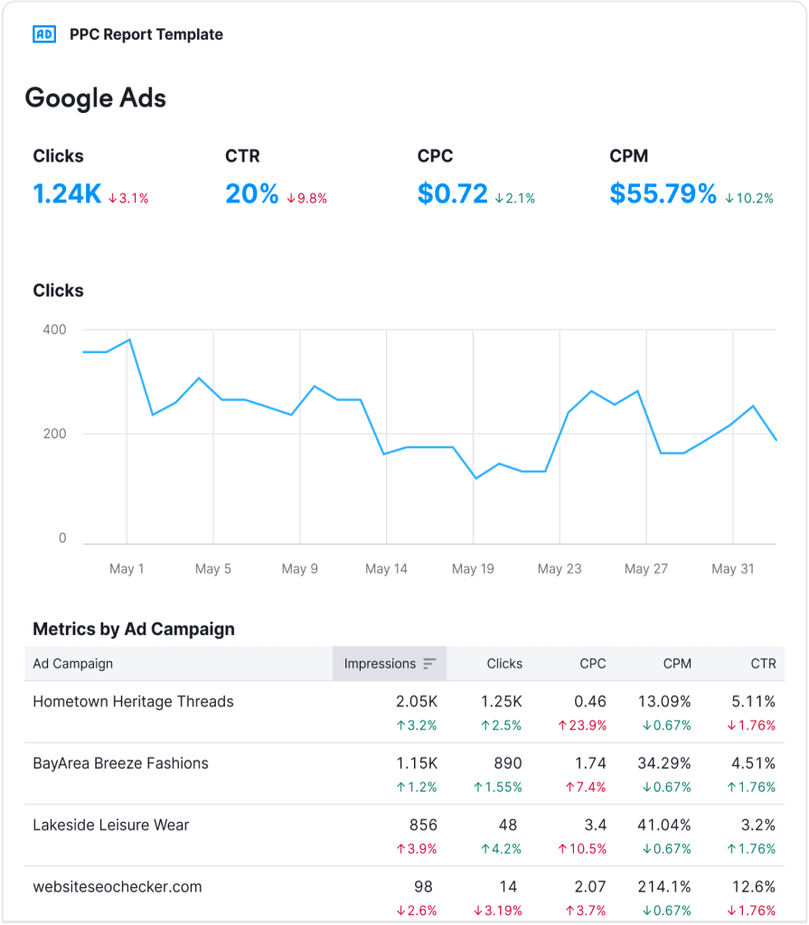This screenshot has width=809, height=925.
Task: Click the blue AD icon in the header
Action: pos(43,34)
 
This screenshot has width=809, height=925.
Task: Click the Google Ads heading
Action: pos(95,98)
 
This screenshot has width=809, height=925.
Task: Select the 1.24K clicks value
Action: pos(67,193)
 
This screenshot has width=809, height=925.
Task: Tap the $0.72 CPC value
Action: pos(452,193)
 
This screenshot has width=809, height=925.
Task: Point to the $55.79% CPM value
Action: pos(663,193)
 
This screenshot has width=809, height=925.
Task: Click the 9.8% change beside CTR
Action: pos(306,198)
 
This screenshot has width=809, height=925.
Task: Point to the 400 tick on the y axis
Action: pos(54,330)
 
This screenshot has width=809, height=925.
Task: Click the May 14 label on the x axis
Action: pos(386,569)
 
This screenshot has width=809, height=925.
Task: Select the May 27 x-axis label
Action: pos(645,569)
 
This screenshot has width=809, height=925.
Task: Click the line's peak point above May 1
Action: pos(129,340)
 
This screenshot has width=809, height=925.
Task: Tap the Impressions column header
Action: pos(380,664)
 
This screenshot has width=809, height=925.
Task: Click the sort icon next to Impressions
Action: pos(429,664)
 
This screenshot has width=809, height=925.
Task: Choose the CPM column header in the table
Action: pos(676,664)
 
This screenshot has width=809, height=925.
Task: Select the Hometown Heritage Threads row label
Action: pos(133,702)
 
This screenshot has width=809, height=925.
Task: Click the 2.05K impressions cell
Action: pos(416,702)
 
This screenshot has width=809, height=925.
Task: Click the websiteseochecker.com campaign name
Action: pos(117,886)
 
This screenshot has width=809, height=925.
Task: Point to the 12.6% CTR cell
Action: pos(753,886)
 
